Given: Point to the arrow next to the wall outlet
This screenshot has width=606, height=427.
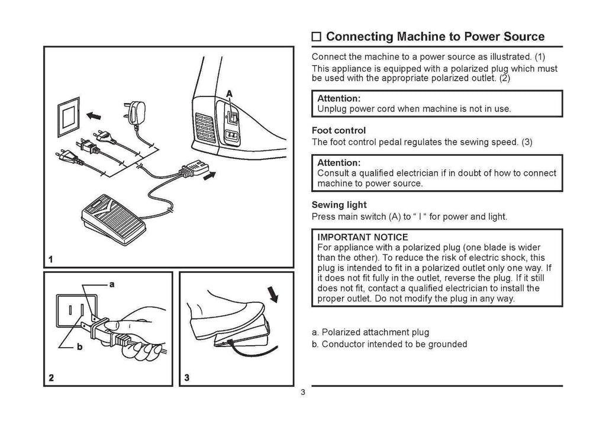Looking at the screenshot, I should pos(94,115).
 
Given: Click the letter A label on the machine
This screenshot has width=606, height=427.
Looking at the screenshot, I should pos(230,93).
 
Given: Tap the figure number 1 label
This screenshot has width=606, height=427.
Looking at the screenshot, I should pos(51,259).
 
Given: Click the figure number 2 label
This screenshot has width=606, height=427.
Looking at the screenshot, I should pos(52,377).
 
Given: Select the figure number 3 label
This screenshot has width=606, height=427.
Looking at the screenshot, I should pos(187,377).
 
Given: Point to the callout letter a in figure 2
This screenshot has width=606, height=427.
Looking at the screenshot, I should pos(112,285).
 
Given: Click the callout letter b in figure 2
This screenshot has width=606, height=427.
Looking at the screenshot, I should pos(80,348).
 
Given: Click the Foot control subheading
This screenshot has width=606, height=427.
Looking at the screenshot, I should pos(339,130).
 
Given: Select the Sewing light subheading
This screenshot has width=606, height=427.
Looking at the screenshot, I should pos(339,205).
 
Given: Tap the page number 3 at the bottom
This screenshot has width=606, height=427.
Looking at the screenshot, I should pos(302,394).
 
